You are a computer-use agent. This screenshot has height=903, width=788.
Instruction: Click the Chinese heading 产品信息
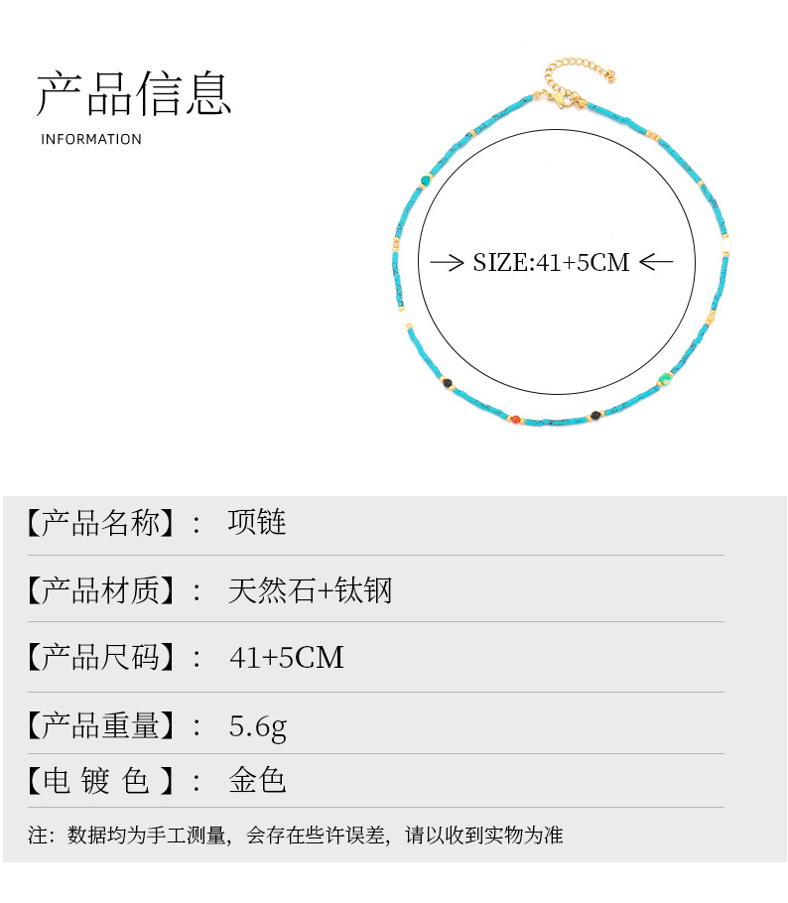click(x=134, y=93)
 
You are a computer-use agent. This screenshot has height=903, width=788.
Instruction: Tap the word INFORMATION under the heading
click(x=91, y=139)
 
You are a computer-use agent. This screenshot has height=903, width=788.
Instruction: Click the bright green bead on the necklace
click(x=665, y=377)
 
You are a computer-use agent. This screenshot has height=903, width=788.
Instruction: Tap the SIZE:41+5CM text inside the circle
click(x=551, y=262)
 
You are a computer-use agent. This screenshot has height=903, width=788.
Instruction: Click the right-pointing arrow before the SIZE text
click(x=448, y=262)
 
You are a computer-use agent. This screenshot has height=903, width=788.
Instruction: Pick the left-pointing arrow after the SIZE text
click(x=656, y=262)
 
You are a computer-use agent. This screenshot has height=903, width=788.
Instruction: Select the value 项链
click(x=257, y=522)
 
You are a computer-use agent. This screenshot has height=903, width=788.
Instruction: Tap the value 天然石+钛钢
click(x=310, y=590)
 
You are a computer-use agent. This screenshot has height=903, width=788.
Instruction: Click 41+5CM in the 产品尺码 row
click(x=286, y=656)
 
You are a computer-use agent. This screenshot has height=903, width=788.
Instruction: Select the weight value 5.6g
click(x=257, y=726)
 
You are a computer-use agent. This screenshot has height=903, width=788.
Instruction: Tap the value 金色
click(x=257, y=780)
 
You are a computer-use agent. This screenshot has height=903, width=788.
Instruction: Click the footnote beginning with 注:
click(x=295, y=836)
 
